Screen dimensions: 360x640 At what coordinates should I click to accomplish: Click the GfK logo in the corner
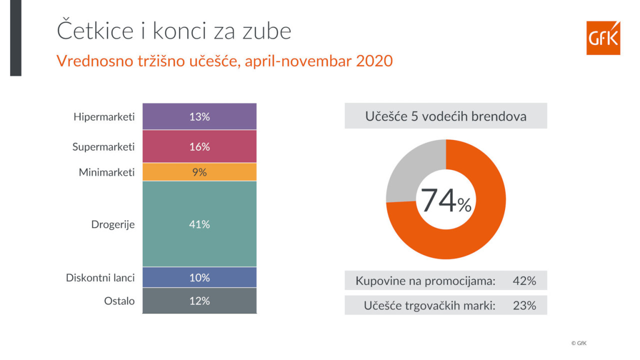tap(603, 38)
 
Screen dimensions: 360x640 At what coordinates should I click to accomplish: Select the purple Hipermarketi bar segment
tap(199, 117)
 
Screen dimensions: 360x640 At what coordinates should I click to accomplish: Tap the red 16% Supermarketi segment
tap(199, 147)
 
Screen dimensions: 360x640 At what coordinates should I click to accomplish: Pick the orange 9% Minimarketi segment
tap(199, 172)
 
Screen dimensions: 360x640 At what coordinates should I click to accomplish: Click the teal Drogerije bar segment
tap(199, 224)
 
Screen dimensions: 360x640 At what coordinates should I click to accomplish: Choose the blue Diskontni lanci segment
tap(199, 277)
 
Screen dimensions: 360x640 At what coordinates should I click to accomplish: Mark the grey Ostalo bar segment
tap(199, 301)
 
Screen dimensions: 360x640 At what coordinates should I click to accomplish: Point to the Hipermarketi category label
tap(104, 117)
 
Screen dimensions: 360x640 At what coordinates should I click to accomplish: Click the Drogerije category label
tap(112, 224)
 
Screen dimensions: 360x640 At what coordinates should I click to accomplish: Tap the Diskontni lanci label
tap(100, 277)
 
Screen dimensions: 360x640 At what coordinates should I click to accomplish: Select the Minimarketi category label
tap(106, 172)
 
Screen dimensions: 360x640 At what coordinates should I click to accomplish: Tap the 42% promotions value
tap(524, 281)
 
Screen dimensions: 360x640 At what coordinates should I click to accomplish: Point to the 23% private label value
tap(524, 305)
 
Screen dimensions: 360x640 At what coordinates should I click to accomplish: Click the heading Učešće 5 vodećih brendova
tap(445, 116)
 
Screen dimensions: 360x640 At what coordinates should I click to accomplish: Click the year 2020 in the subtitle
tap(374, 61)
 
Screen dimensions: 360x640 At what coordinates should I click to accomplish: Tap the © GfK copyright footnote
tap(578, 343)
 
